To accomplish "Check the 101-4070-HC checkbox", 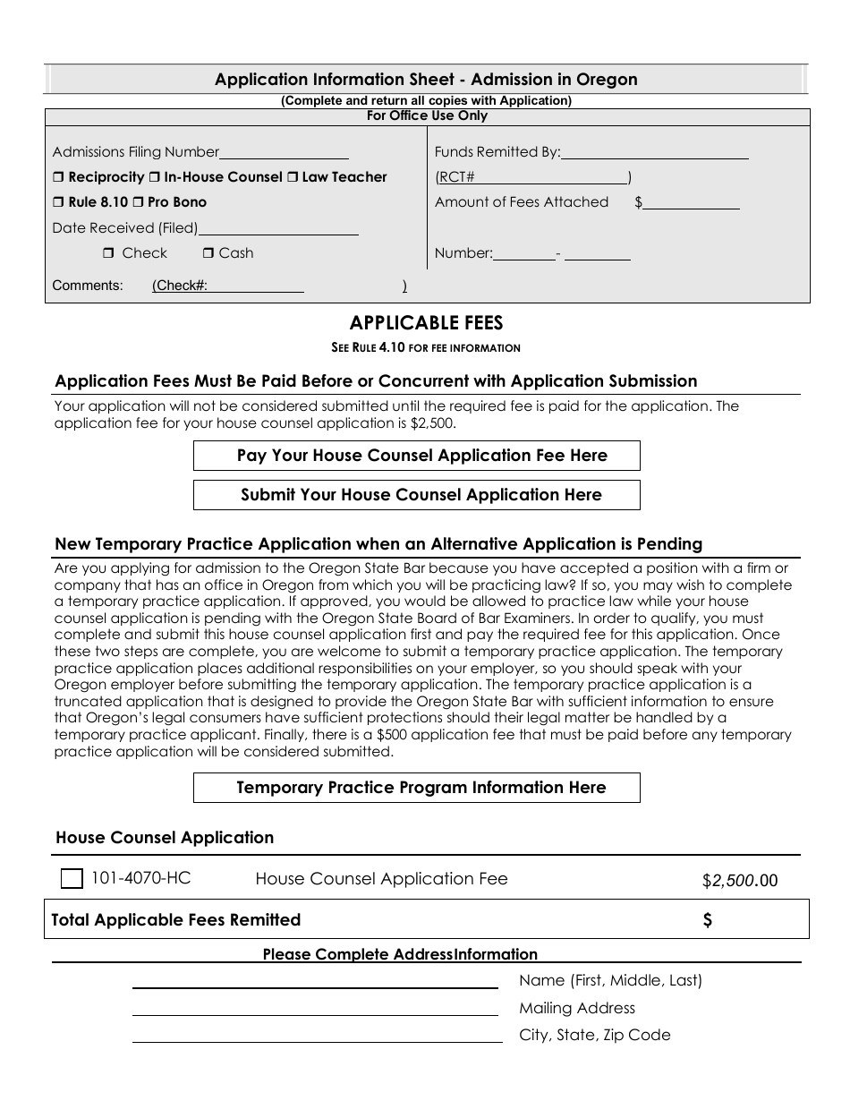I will coord(72,879).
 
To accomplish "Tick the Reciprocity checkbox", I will coord(58,177).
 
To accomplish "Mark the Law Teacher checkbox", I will coord(292,177).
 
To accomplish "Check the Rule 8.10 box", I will coord(58,202).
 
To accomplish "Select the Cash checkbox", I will coord(208,253).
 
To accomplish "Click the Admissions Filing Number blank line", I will coord(284,153).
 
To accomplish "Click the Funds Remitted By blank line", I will coord(654,153).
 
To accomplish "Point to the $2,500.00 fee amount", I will coord(740,881).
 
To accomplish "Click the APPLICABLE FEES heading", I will coord(426,323).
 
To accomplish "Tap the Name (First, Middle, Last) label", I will coord(610,980).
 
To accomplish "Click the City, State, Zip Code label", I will coord(594,1035).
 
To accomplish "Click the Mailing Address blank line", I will coord(315,1010).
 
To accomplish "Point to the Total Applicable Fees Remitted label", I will coord(175,920).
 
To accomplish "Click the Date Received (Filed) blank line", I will coord(278,229).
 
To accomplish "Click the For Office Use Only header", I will coord(427,115).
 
